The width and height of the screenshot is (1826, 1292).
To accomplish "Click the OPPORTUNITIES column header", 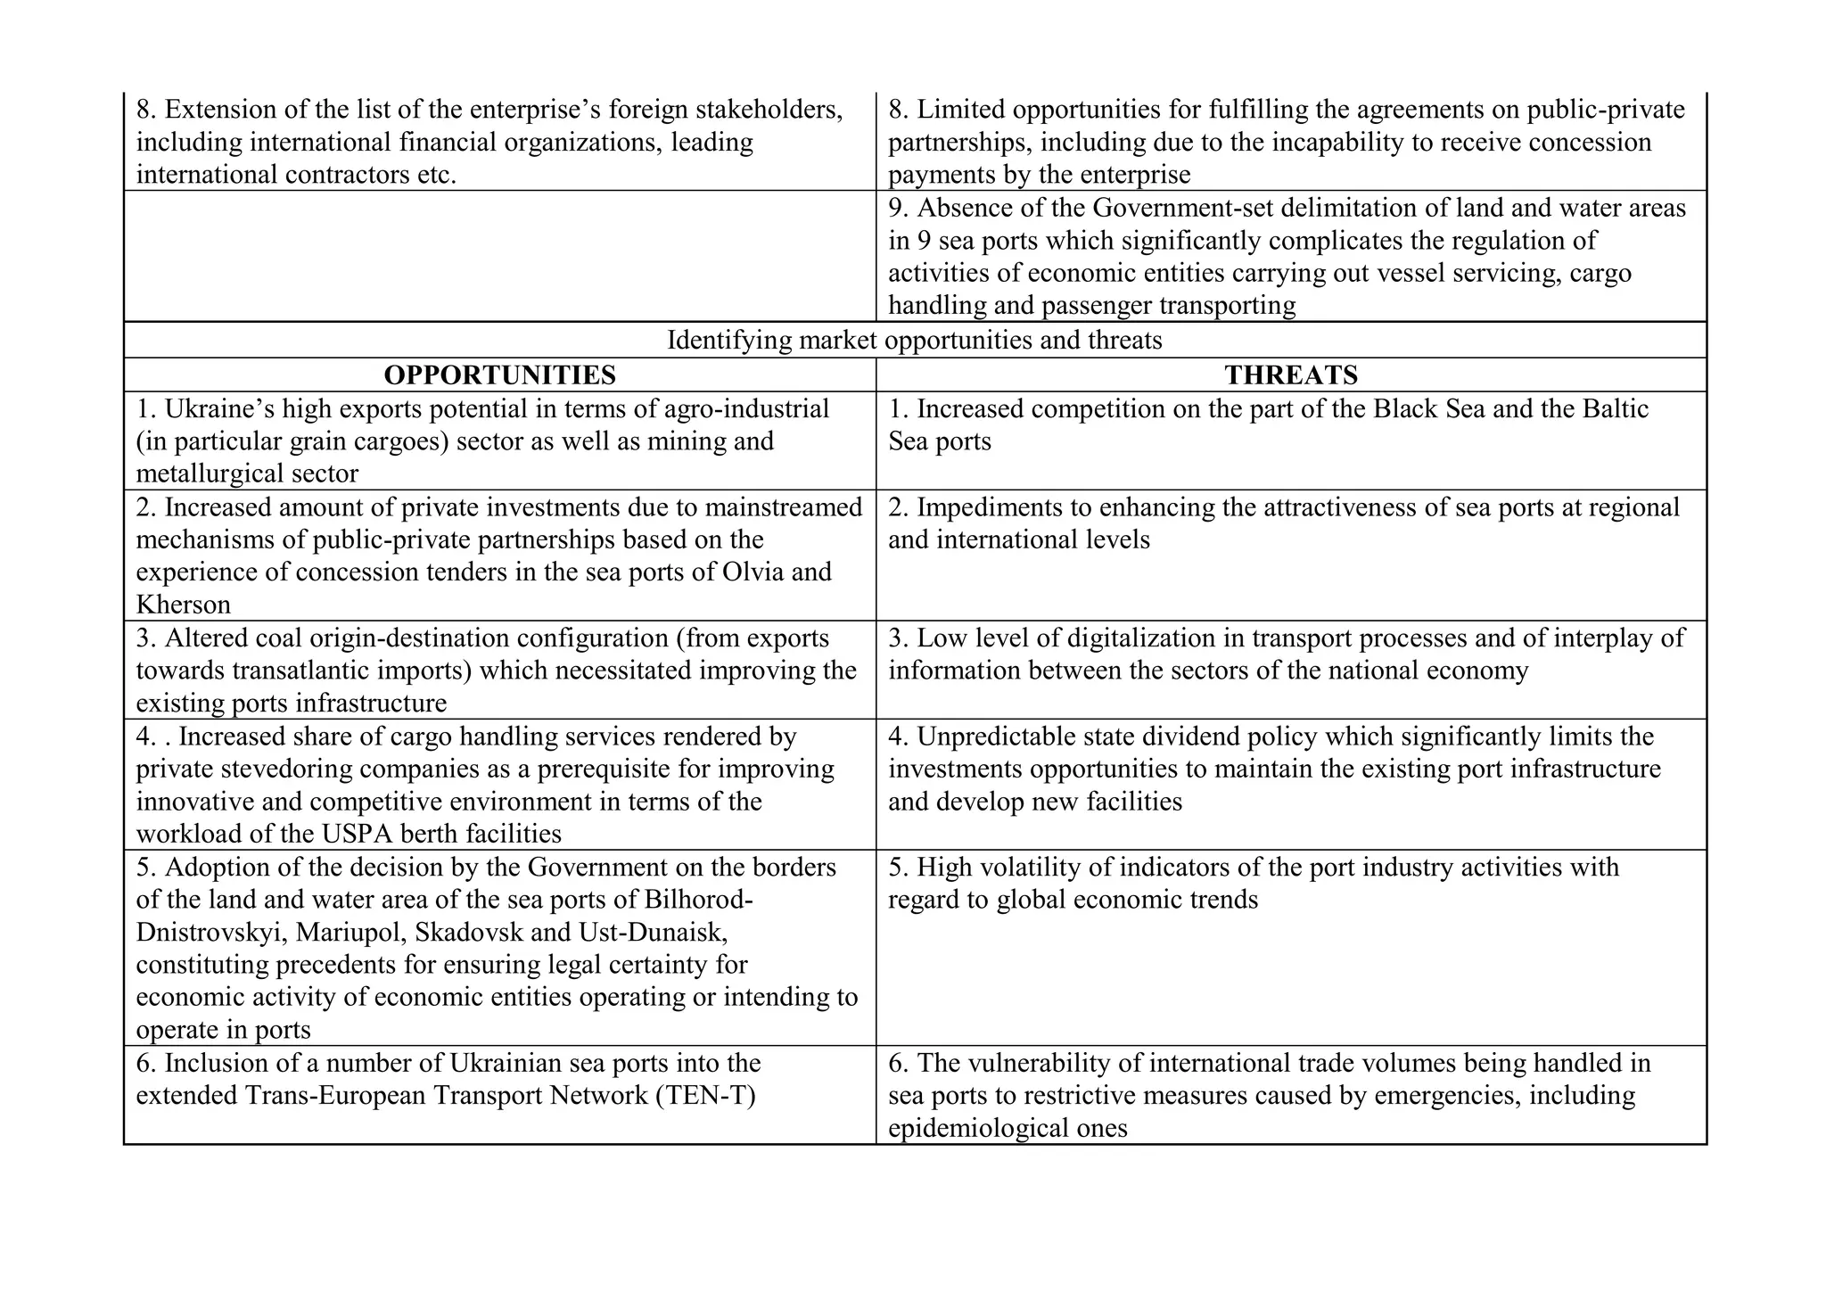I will pos(499,375).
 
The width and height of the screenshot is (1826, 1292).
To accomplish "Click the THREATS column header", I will pos(1290,375).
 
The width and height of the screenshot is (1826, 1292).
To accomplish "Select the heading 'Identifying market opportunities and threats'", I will pos(914,340).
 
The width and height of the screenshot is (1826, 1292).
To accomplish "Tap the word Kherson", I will pos(183,605).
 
